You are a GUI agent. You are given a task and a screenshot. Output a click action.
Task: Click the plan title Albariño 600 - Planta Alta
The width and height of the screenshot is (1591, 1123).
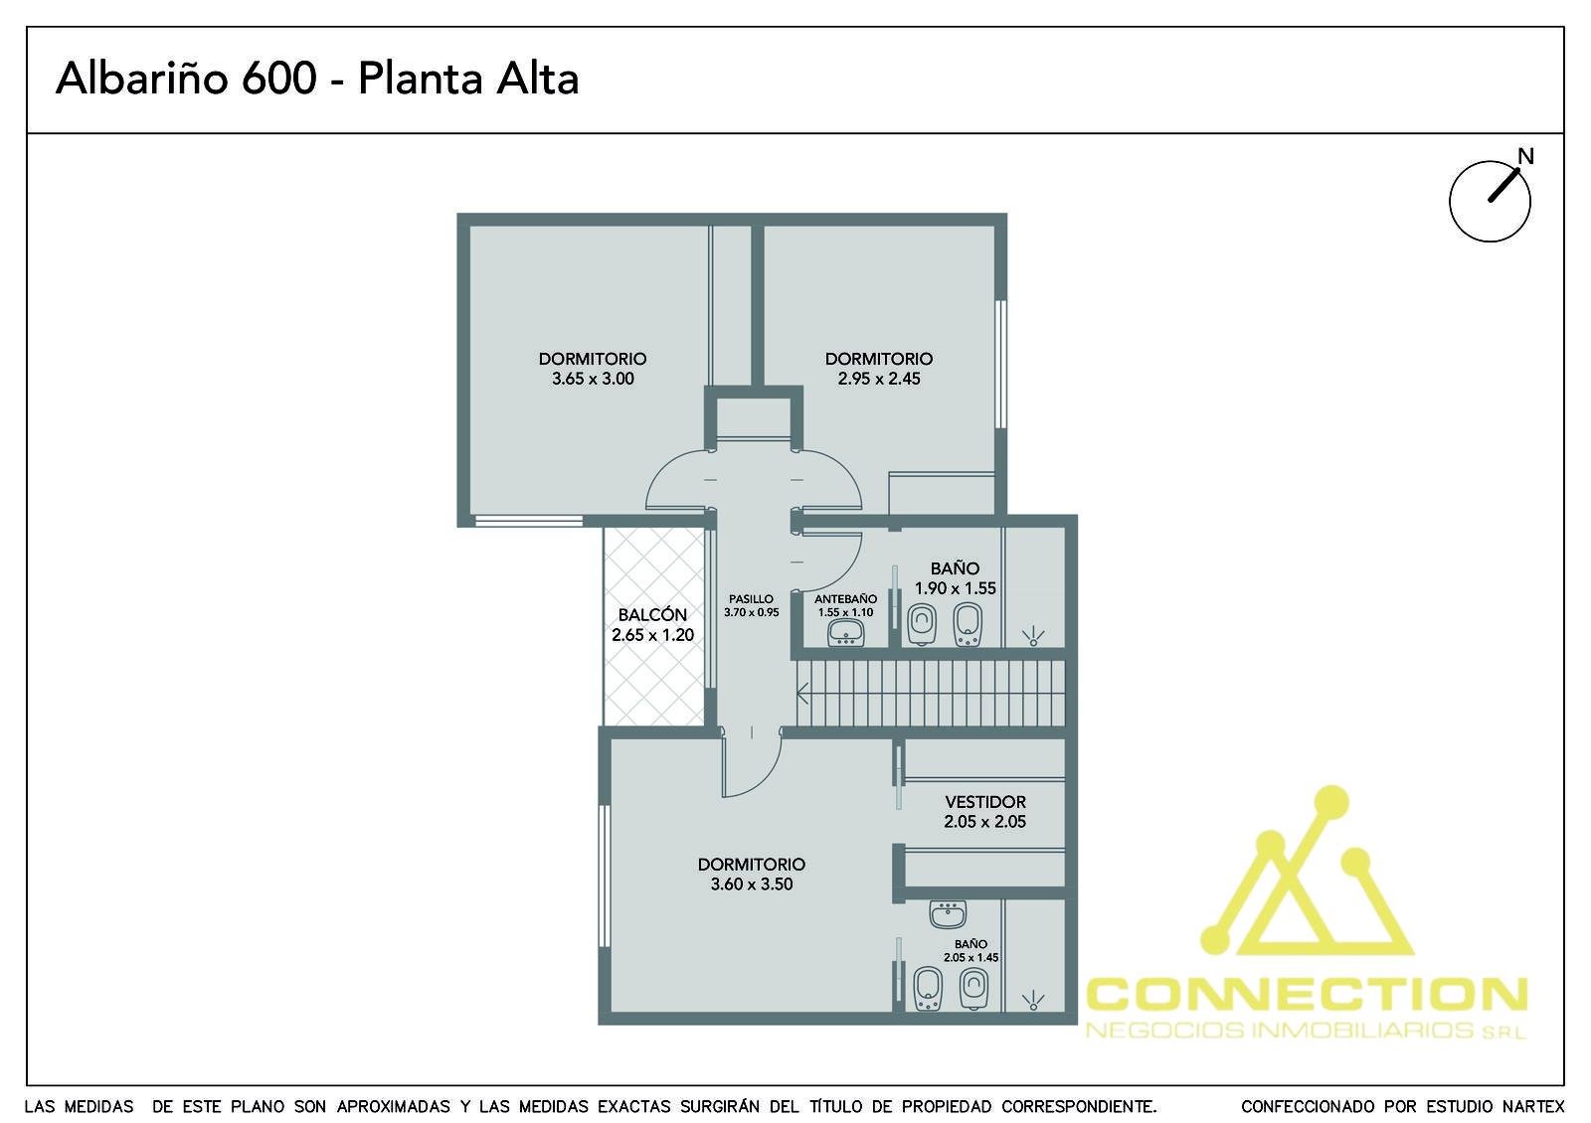click(317, 79)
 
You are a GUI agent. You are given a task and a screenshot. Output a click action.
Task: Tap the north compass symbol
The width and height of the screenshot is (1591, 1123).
click(1491, 200)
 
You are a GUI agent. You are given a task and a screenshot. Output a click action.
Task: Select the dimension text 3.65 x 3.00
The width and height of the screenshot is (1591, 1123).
click(593, 379)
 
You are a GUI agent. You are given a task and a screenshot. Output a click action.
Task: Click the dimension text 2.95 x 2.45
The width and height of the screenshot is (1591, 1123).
click(879, 379)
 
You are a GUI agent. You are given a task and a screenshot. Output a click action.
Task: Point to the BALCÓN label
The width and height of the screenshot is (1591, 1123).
click(652, 615)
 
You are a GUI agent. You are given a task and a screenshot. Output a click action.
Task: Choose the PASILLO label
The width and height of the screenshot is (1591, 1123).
click(751, 599)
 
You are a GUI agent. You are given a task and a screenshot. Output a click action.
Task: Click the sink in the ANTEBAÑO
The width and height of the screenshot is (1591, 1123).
click(846, 632)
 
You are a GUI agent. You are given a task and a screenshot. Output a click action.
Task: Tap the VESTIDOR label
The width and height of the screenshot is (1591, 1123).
click(985, 802)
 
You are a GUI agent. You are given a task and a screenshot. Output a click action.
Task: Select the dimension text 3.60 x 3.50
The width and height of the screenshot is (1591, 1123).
click(752, 883)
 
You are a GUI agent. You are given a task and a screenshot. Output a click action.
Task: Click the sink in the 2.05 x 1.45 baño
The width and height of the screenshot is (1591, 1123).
click(948, 914)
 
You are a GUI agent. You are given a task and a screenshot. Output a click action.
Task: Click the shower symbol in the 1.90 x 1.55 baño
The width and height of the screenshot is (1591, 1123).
click(1033, 637)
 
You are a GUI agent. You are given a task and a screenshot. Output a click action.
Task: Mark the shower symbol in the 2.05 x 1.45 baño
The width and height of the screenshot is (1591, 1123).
click(1033, 1000)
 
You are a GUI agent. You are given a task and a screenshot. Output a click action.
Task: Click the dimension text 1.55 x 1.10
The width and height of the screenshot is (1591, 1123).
click(845, 612)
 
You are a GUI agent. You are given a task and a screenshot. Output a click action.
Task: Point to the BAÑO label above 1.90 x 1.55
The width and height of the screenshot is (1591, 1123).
click(955, 568)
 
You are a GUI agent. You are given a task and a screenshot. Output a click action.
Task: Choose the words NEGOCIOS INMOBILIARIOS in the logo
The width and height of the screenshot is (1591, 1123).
click(1279, 1030)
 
